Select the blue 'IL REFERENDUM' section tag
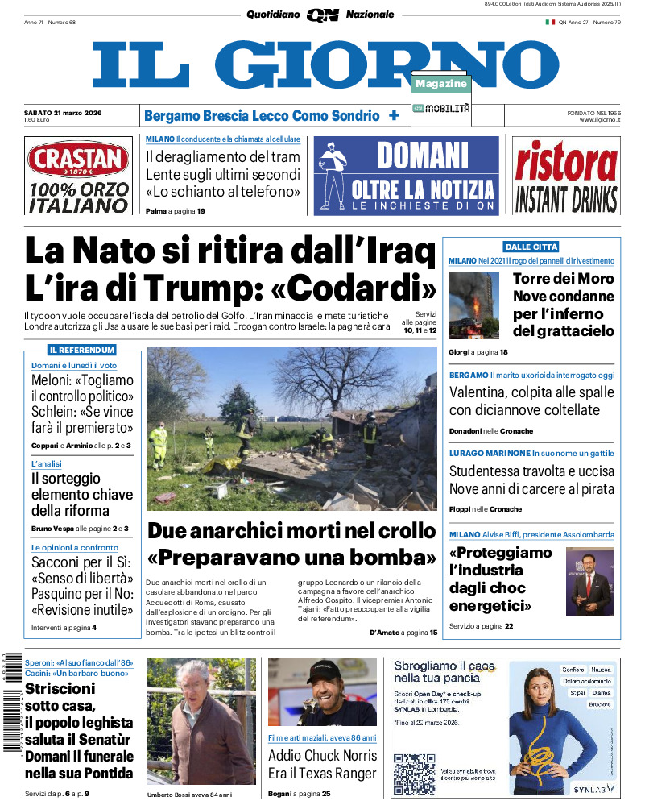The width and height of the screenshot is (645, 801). tap(82, 351)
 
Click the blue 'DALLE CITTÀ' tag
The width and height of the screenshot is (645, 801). tap(531, 247)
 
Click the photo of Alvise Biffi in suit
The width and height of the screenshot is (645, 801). tap(589, 581)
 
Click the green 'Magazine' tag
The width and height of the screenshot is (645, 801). tap(441, 84)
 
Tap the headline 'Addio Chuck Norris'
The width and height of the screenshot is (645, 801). tap(322, 755)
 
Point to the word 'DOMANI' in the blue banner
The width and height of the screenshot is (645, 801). tap(422, 154)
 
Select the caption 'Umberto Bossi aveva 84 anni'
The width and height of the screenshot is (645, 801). tap(189, 794)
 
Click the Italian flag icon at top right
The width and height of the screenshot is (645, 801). tap(550, 22)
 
